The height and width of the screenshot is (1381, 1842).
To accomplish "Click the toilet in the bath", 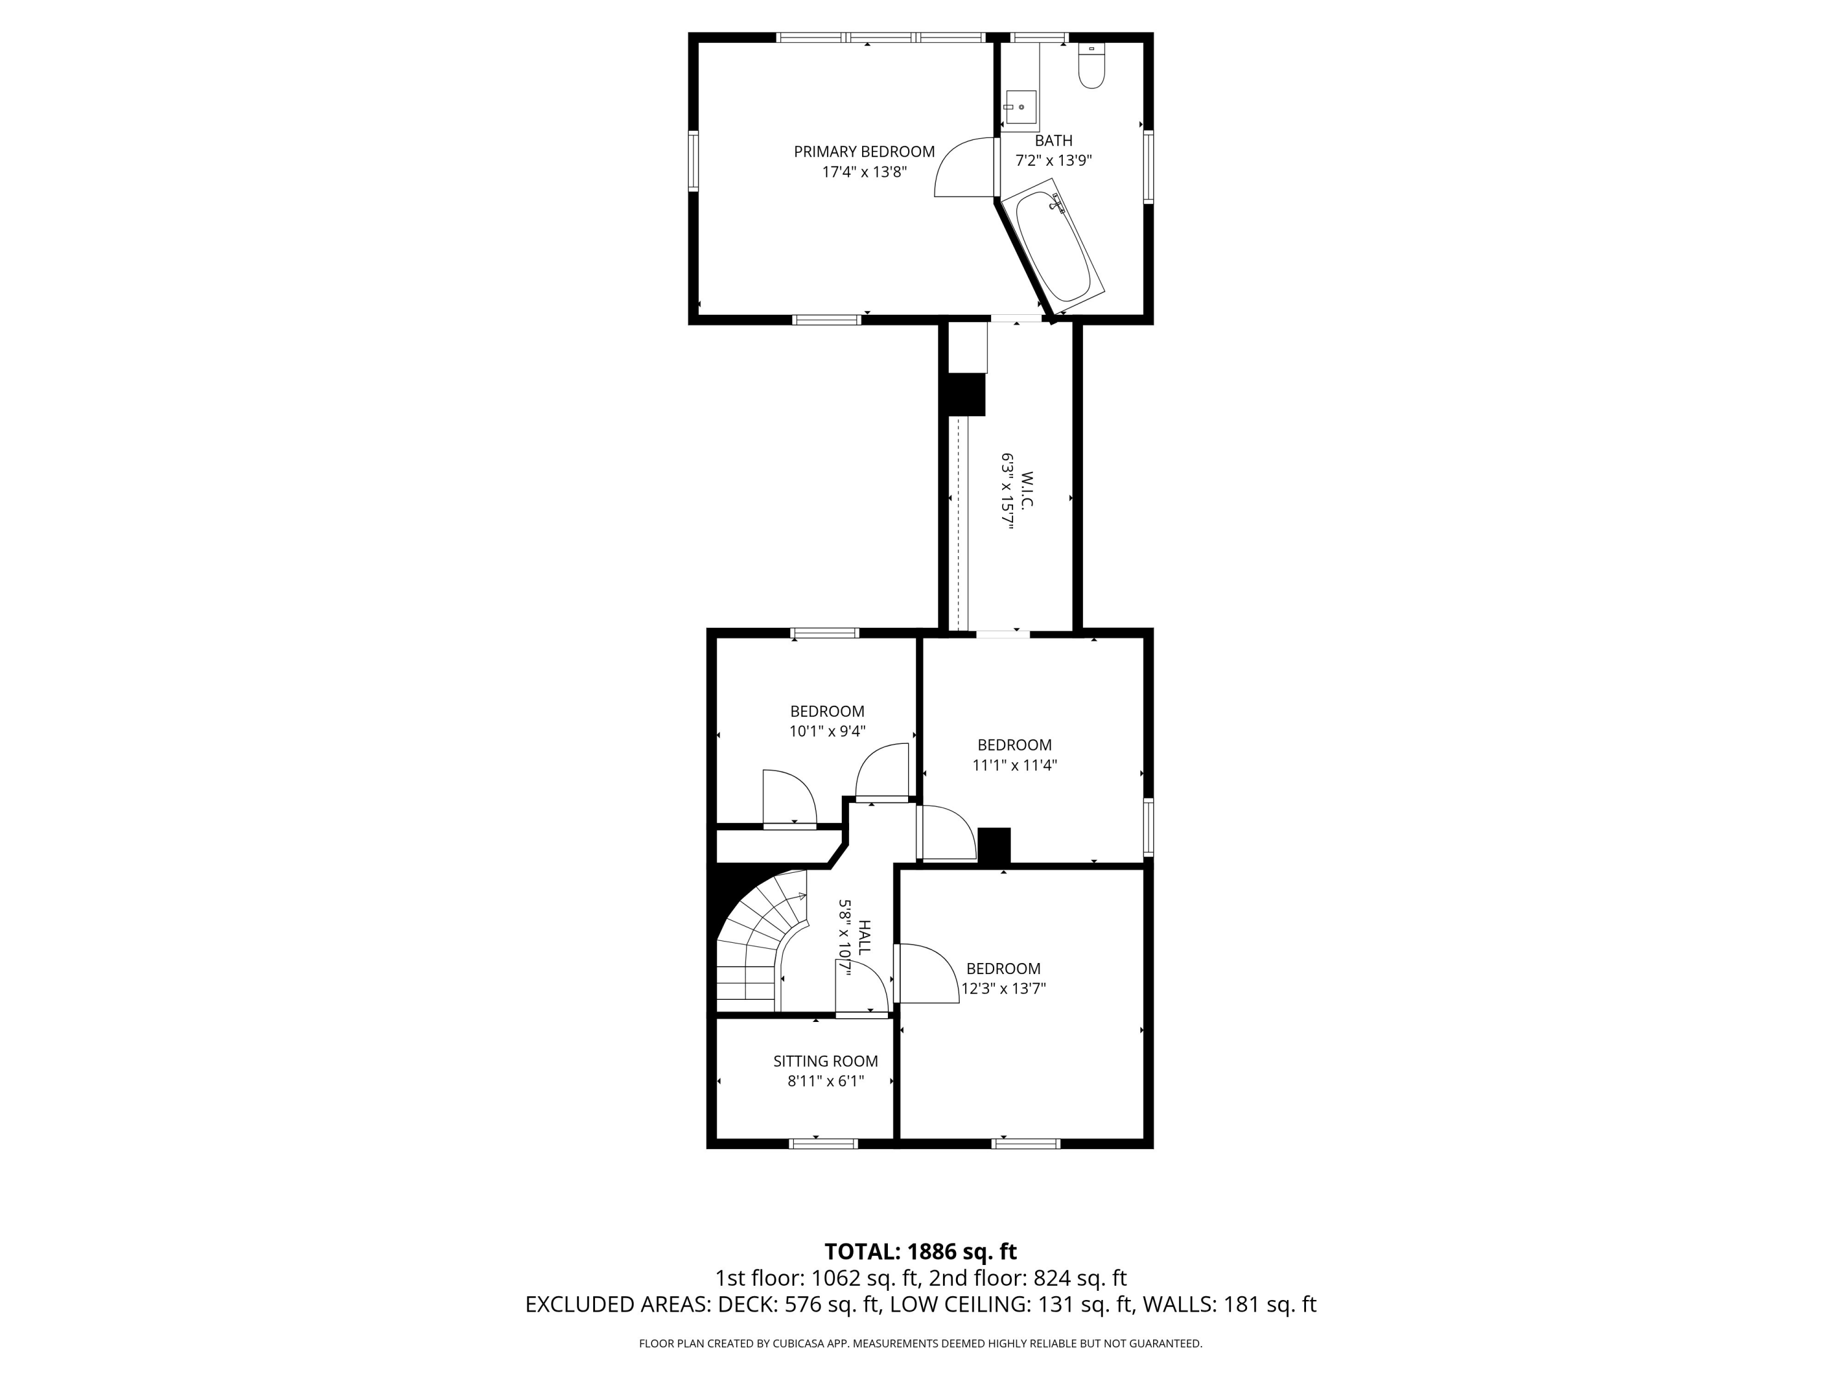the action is (1091, 65).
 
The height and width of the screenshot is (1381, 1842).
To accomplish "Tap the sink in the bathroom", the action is (1020, 110).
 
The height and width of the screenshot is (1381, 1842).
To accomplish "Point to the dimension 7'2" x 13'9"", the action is (1054, 161).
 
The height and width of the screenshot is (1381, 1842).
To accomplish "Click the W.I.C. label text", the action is (1027, 491).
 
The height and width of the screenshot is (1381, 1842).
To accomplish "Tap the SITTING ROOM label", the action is (825, 1061).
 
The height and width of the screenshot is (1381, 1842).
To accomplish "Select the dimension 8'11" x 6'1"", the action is (825, 1081).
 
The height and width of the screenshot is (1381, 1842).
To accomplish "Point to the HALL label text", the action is (865, 937).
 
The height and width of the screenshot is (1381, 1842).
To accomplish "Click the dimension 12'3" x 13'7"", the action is (1003, 989).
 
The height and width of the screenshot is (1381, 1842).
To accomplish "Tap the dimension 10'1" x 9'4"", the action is (828, 732).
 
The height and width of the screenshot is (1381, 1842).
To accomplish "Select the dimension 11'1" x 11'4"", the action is (1015, 765).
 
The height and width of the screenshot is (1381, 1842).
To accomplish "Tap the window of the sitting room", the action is (823, 1143).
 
